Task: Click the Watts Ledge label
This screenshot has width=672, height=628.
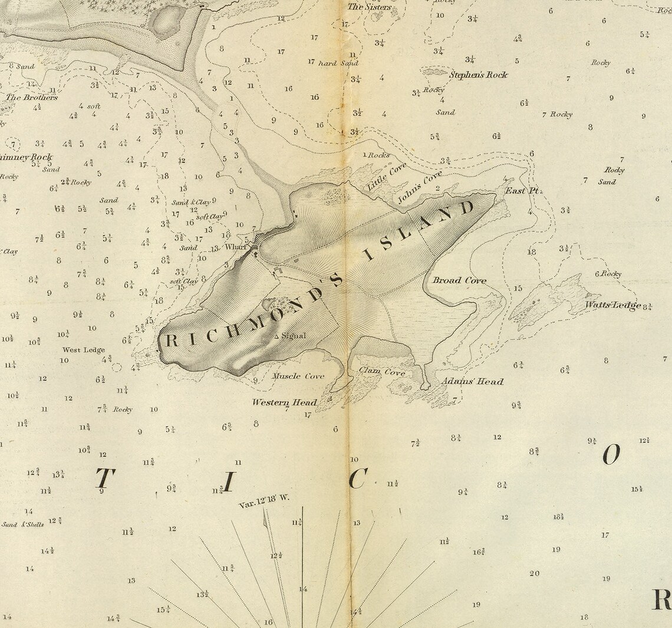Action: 613,305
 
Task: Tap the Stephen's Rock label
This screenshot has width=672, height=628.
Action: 478,75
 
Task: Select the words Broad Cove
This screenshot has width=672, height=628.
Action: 459,280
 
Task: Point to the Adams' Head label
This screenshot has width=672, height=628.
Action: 472,382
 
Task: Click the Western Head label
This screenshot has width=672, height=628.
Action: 285,403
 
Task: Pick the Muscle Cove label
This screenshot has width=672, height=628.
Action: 298,376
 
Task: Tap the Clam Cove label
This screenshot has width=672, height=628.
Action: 382,372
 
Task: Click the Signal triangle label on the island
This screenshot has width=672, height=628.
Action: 291,336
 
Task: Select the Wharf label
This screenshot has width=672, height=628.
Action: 235,247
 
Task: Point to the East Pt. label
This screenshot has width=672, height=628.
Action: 523,191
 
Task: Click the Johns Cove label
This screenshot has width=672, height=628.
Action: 419,187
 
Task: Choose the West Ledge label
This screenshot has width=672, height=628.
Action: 84,350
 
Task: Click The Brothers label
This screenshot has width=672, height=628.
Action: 32,97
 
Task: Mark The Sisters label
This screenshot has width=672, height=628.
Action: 369,7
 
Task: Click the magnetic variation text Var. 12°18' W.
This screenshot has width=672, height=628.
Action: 264,501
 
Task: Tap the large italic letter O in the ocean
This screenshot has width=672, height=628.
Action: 611,454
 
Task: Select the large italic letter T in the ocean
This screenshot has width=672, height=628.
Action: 104,479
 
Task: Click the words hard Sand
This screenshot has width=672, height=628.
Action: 338,63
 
